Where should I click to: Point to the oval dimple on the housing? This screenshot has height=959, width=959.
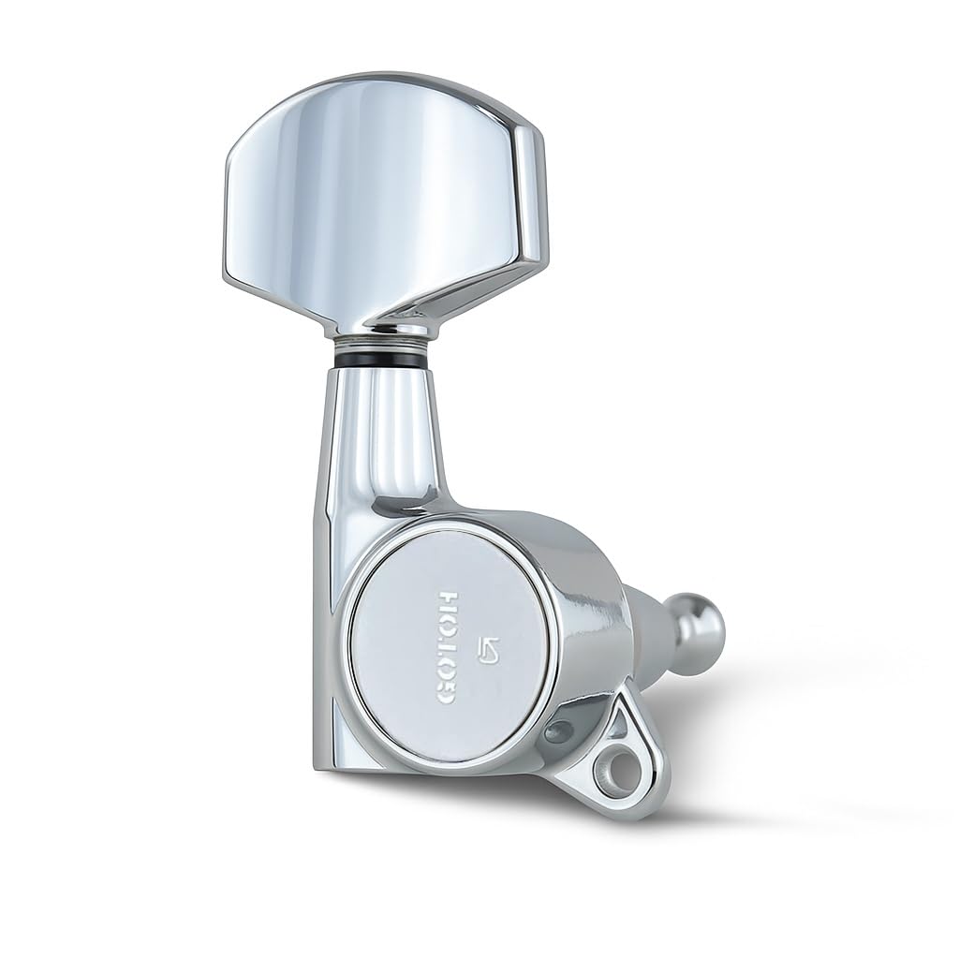click(559, 732)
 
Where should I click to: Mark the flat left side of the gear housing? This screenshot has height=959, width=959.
click(327, 609)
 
